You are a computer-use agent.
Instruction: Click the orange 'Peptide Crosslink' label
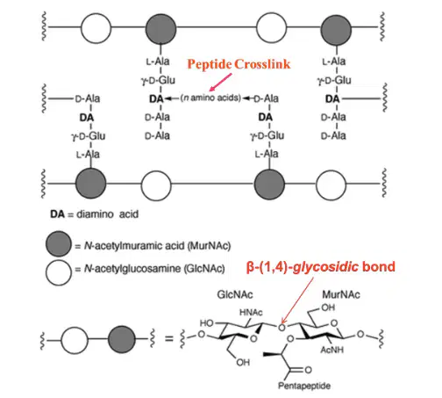pos(239,64)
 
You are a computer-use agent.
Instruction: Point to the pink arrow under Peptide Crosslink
pos(221,82)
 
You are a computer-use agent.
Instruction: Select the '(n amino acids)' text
pos(210,98)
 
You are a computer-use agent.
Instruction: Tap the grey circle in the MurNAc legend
pos(59,244)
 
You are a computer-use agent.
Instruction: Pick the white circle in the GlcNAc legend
pos(59,272)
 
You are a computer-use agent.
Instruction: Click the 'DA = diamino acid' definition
pos(94,214)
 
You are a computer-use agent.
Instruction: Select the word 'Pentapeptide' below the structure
pos(304,386)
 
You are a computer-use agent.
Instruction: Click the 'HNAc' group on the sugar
pos(251,313)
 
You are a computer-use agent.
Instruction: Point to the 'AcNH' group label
pos(331,350)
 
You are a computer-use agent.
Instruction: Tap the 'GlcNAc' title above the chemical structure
pos(235,294)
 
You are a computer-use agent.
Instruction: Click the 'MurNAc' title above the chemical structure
pos(341,294)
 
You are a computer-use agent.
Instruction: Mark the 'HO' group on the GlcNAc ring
pos(206,323)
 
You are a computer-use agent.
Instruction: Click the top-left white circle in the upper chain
pos(96,28)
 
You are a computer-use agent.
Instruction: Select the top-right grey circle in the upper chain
pos(336,30)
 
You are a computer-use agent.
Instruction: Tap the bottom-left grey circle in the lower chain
pos(90,184)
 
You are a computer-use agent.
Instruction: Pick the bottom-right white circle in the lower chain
pos(331,185)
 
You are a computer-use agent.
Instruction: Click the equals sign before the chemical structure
pos(169,339)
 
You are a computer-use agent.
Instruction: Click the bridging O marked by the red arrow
pos(282,327)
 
